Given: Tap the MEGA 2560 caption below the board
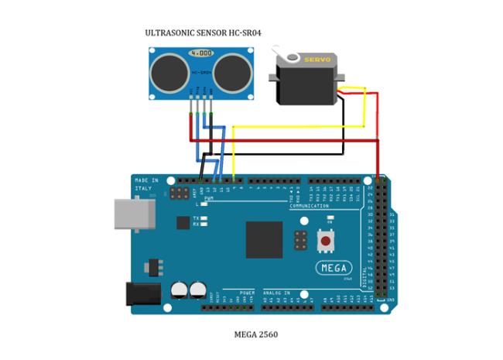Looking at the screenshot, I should point(256,335).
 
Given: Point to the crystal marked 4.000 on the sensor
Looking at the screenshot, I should point(200,53).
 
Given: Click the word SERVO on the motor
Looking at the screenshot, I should point(316,59).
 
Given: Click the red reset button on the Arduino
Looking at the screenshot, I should point(327,242).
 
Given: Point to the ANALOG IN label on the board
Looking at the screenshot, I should point(277,292).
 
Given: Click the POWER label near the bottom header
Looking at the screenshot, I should point(247,292).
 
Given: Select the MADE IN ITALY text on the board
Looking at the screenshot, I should point(145,184).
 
